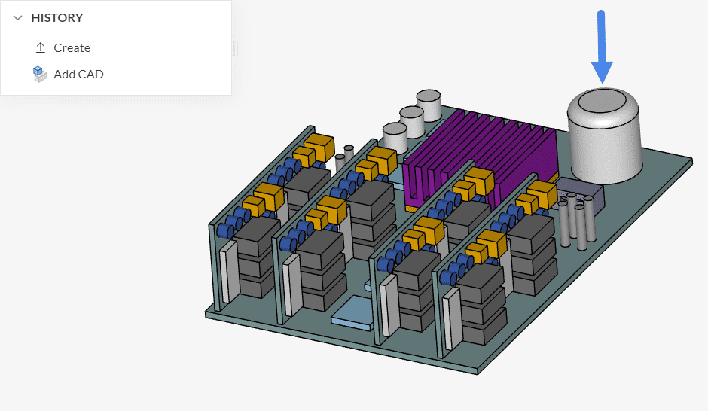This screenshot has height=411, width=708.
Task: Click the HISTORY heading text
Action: [57, 17]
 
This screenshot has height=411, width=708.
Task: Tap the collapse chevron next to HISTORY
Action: [18, 17]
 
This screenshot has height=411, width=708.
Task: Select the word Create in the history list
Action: [72, 47]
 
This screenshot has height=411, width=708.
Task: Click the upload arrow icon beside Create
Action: [41, 47]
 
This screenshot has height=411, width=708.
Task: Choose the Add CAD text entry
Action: [78, 74]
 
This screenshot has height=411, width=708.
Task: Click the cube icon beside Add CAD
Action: [40, 74]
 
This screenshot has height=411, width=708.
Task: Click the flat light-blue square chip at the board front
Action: [352, 311]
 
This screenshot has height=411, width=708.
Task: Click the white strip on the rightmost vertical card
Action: [449, 320]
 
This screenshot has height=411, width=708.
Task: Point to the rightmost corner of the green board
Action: [691, 160]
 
